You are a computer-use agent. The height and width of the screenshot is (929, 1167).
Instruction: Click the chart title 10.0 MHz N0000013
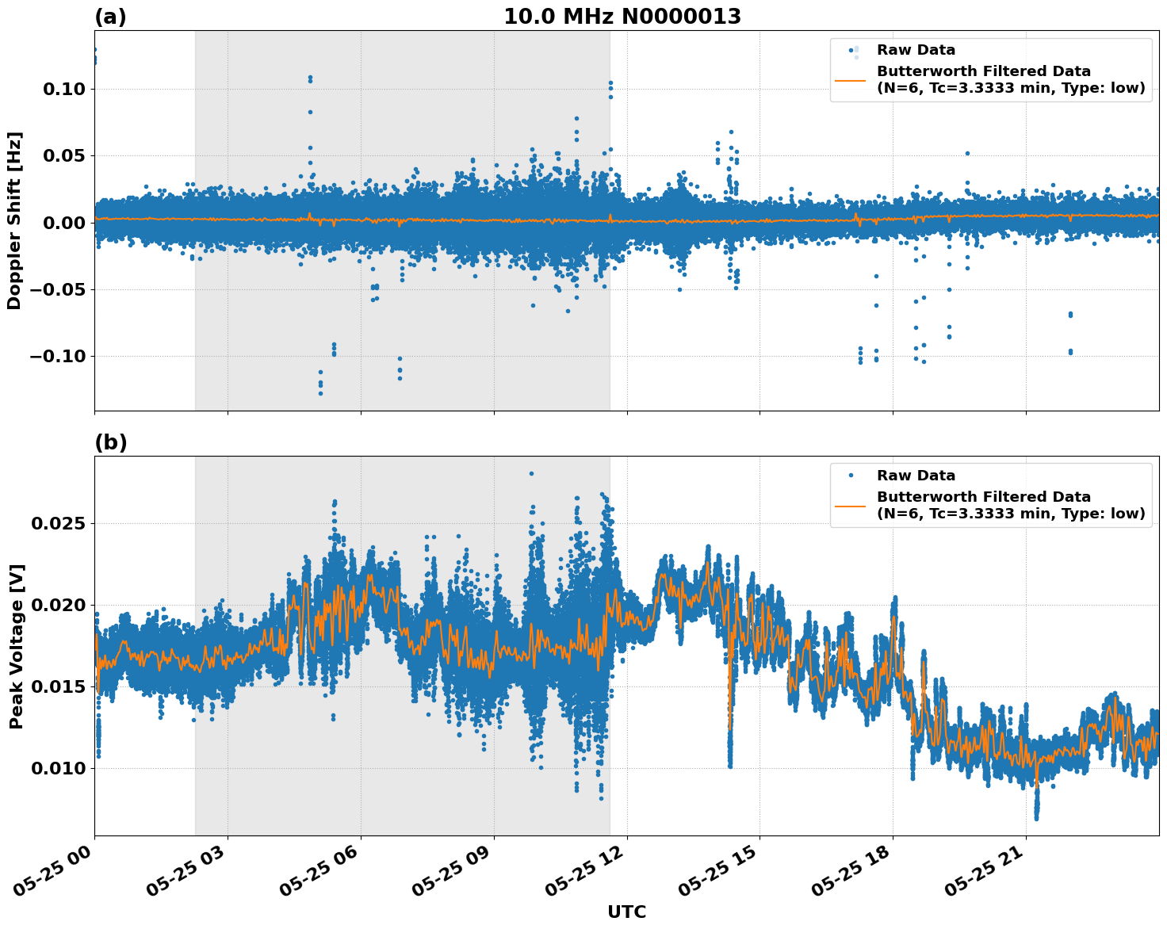point(622,17)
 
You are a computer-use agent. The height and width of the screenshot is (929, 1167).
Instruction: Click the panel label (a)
point(110,17)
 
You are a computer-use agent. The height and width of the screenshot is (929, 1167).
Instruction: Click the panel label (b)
point(110,442)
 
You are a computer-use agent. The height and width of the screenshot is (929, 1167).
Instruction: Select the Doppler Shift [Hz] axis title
point(14,220)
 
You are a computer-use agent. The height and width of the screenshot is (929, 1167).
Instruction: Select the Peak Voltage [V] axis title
point(16,646)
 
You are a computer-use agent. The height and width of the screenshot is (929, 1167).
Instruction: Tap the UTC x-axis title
point(626,912)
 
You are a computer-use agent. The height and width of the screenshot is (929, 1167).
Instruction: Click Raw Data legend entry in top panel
point(916,50)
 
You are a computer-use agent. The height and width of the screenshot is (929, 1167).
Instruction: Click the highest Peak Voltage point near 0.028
point(531,473)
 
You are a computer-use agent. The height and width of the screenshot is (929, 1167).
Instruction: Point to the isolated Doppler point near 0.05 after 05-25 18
point(967,153)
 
